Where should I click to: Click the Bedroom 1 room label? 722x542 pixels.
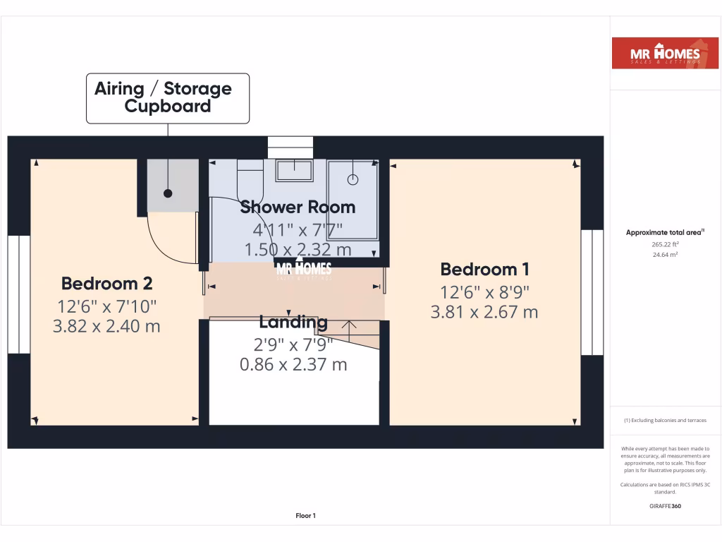(x=485, y=269)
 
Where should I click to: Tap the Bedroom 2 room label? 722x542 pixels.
(x=106, y=284)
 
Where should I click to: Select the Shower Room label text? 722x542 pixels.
(x=297, y=207)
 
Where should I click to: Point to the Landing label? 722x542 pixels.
(x=293, y=323)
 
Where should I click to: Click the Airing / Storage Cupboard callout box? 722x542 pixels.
(x=168, y=98)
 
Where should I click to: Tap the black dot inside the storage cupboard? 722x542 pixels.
(x=168, y=193)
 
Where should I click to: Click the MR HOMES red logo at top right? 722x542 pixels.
(x=655, y=54)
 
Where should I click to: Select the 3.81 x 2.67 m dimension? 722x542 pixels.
(x=484, y=312)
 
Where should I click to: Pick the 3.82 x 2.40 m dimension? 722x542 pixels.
(x=106, y=327)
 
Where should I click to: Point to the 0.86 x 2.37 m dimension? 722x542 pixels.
(x=293, y=365)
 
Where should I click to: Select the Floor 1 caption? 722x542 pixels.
(x=305, y=516)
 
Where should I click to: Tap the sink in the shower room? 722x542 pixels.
(x=294, y=170)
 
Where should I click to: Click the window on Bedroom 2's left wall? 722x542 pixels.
(x=19, y=294)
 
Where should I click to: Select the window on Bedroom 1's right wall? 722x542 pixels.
(x=592, y=292)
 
